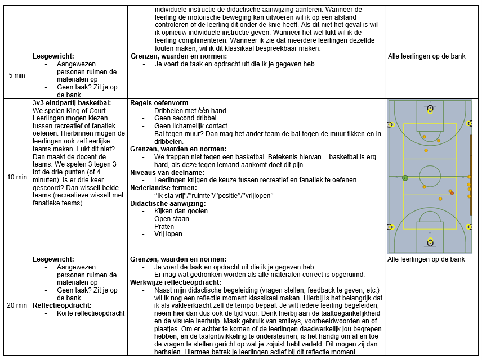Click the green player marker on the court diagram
coord(405,178)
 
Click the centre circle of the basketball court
coord(430,175)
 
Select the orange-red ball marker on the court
coord(452,193)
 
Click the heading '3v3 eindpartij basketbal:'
coord(72,103)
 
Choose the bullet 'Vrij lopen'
coord(168,234)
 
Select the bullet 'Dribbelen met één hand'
coord(190,111)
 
